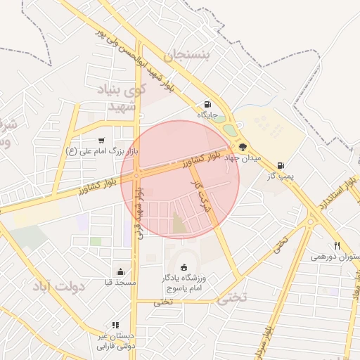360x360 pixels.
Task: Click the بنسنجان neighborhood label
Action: (187, 56)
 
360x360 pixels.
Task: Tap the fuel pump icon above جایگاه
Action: (207, 103)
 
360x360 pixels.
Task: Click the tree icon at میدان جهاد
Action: (243, 147)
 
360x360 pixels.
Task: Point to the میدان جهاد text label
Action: (243, 159)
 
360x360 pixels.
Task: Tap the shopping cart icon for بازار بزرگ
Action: (102, 140)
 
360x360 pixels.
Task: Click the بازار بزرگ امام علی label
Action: (102, 150)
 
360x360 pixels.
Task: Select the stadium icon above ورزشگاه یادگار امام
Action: (184, 266)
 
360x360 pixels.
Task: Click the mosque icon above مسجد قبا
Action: (120, 272)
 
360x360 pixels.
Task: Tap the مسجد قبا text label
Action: (120, 283)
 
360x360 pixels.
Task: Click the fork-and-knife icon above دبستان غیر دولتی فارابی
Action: (115, 326)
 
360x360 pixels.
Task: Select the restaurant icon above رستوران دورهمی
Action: (337, 245)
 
